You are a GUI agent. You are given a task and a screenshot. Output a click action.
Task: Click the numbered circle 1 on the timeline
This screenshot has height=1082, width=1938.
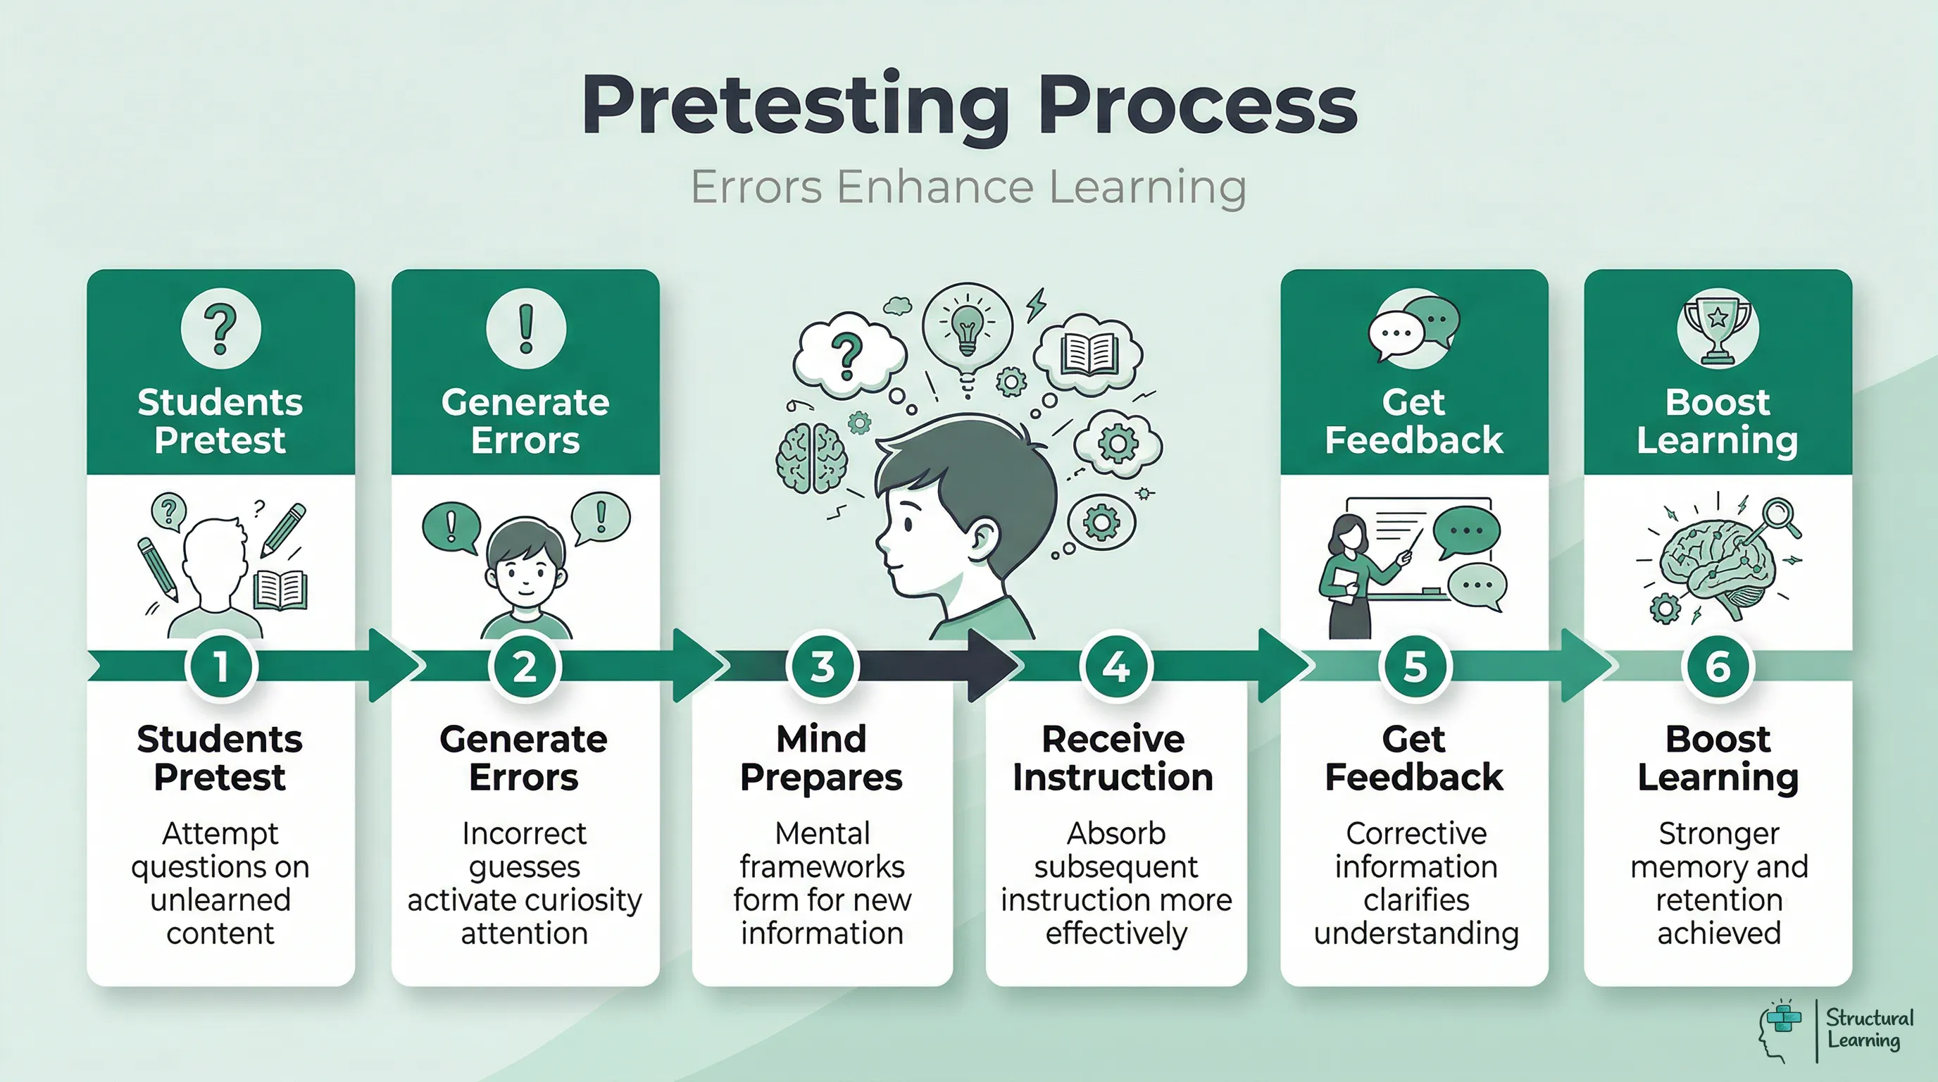[x=220, y=666]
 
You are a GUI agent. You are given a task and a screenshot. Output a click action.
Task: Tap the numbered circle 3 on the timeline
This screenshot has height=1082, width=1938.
[x=822, y=666]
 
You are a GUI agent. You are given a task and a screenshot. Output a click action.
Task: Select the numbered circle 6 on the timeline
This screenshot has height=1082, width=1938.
[x=1718, y=666]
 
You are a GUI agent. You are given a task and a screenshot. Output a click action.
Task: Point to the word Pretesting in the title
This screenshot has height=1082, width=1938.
[x=795, y=107]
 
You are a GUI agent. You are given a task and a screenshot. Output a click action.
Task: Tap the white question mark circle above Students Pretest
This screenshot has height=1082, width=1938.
[x=220, y=329]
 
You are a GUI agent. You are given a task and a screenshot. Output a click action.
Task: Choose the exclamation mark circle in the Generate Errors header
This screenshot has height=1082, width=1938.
[x=526, y=329]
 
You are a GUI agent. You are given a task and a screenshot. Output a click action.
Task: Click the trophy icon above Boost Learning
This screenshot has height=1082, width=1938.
[x=1717, y=330]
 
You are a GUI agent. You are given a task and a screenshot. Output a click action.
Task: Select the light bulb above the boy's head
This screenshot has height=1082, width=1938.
[x=968, y=329]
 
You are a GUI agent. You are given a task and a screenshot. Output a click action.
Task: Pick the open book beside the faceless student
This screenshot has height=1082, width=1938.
[x=280, y=588]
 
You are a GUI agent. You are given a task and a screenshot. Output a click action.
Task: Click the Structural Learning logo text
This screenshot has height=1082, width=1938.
[x=1869, y=1029]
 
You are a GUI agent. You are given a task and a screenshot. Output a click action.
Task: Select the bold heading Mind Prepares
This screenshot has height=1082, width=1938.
[x=822, y=759]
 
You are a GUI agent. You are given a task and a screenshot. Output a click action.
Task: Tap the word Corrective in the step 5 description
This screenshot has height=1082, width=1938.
[x=1416, y=834]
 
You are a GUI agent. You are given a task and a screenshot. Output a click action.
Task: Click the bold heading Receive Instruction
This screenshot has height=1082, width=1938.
[x=1113, y=759]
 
